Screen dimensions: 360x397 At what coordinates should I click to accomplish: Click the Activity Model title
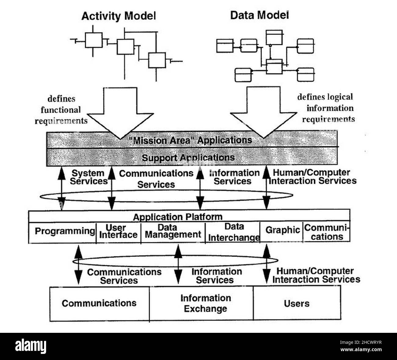[x=118, y=16]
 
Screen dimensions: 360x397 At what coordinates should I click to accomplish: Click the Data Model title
[x=259, y=15]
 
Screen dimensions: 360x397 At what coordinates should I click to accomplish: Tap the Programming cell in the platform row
[x=64, y=231]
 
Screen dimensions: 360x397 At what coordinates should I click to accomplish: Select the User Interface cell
[x=118, y=231]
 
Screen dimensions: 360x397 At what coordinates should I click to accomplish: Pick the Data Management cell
[x=173, y=231]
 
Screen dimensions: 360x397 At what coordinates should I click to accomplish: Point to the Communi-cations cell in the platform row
[x=327, y=232]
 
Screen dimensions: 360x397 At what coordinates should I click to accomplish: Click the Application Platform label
[x=177, y=217]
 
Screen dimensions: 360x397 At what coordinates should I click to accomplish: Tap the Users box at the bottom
[x=297, y=304]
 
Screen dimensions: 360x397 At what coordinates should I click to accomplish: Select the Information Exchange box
[x=206, y=303]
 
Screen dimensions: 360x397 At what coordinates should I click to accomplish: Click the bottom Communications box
[x=99, y=303]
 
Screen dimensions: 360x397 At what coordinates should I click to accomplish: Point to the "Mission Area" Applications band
[x=191, y=140]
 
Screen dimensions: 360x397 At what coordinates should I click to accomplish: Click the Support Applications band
[x=188, y=158]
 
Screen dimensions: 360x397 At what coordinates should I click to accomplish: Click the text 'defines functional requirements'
[x=61, y=110]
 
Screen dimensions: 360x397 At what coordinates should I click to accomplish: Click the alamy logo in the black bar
[x=31, y=346]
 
